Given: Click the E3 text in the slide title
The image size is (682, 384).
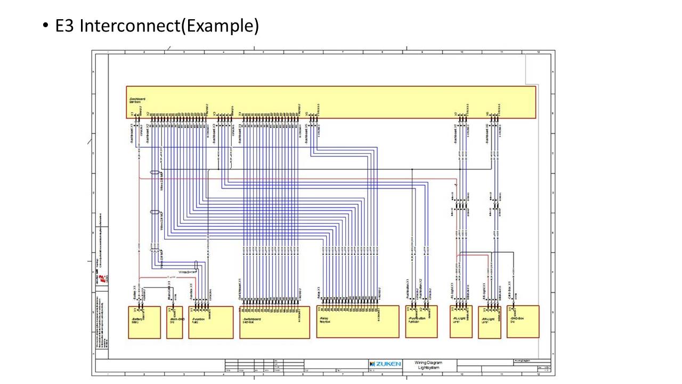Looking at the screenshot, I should pyautogui.click(x=66, y=26).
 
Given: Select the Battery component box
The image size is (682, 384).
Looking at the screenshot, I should pyautogui.click(x=144, y=322).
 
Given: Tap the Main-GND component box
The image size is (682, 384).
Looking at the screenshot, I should pyautogui.click(x=174, y=322).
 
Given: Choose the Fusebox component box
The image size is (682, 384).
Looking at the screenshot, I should pyautogui.click(x=210, y=322).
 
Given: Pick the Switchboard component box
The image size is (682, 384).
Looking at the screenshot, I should pyautogui.click(x=274, y=322).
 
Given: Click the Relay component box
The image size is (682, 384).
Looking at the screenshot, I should pyautogui.click(x=357, y=322).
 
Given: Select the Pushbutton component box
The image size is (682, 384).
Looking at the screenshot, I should pyautogui.click(x=421, y=322).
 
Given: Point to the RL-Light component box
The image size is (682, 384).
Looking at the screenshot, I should pyautogui.click(x=461, y=322).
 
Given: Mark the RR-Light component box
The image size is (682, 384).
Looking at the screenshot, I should pyautogui.click(x=489, y=322).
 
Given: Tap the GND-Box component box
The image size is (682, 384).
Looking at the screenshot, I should pyautogui.click(x=523, y=322).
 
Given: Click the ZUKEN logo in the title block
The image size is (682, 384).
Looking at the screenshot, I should pyautogui.click(x=385, y=364).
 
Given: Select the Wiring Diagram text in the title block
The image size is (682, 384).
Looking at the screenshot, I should pyautogui.click(x=428, y=363).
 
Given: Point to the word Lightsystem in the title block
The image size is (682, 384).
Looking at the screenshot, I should pyautogui.click(x=428, y=367).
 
